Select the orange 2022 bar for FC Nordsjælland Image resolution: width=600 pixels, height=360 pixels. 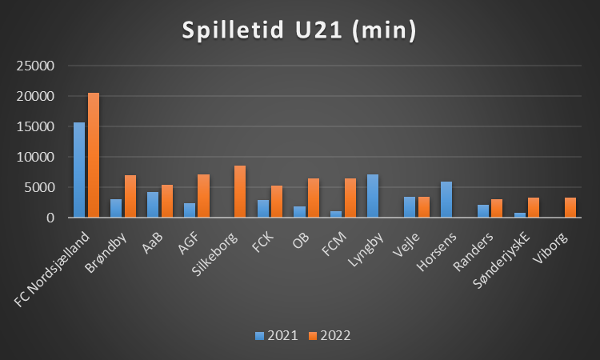click(x=94, y=155)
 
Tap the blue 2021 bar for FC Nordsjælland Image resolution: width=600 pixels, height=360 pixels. click(x=79, y=170)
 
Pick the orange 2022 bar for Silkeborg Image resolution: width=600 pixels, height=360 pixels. click(x=240, y=191)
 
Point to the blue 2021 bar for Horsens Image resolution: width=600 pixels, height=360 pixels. click(x=446, y=199)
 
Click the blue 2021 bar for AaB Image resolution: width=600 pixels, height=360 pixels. click(x=153, y=205)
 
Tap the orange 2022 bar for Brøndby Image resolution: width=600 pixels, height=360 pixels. click(x=130, y=196)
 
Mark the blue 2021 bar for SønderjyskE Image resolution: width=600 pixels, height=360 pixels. click(x=520, y=215)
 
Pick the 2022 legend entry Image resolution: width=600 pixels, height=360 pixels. click(x=329, y=335)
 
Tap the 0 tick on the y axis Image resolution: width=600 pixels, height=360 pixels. click(x=50, y=218)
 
